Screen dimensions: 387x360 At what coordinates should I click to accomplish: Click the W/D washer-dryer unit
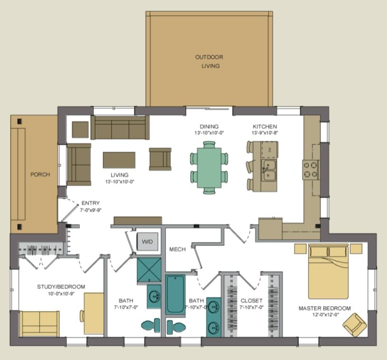tap(147, 241)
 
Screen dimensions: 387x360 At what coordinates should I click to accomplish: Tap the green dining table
tap(209, 168)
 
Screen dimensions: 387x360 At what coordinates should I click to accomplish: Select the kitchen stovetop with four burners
tap(311, 170)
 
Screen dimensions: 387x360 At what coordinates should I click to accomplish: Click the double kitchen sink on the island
tap(269, 170)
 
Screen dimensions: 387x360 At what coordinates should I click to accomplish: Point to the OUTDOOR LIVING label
tap(209, 61)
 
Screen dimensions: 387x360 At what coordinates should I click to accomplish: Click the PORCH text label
tap(40, 175)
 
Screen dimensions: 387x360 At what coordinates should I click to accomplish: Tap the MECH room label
tap(178, 249)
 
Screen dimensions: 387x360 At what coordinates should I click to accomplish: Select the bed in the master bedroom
tap(328, 271)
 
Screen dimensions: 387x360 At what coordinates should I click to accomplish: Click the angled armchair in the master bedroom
tap(355, 325)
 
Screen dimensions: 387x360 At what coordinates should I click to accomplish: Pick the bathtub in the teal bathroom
tap(175, 295)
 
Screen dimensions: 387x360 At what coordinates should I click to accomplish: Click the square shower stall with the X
tap(149, 270)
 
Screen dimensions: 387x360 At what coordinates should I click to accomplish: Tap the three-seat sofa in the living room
tap(120, 128)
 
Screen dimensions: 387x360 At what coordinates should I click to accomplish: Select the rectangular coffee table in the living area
tap(119, 160)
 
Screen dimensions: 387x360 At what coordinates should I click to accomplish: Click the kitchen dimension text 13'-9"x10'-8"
tap(265, 133)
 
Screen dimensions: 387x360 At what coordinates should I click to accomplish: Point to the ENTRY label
tap(91, 203)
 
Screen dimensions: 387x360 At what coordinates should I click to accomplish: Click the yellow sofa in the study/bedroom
tap(39, 324)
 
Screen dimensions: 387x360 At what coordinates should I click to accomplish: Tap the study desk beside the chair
tap(94, 314)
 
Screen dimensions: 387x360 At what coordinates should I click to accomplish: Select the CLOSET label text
tap(252, 301)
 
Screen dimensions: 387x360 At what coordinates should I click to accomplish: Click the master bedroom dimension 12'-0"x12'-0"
tap(326, 314)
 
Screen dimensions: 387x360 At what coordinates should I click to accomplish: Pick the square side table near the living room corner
tap(80, 129)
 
